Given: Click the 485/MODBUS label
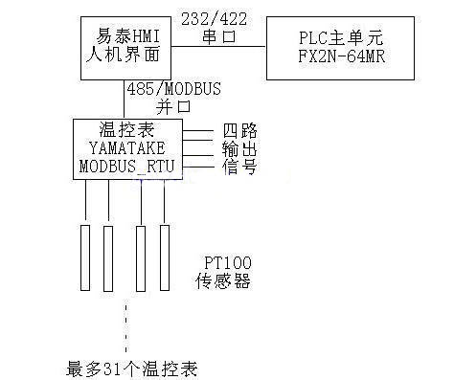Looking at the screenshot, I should [x=173, y=89].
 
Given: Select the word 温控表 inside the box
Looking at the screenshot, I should [x=126, y=130].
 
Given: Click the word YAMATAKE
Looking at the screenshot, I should [x=126, y=148].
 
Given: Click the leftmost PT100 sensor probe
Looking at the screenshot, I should [x=84, y=258].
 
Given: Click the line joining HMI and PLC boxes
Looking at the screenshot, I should [x=216, y=50].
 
